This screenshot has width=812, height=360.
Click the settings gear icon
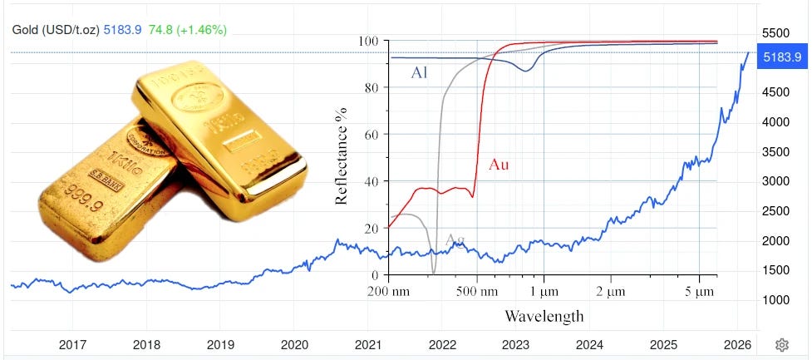[781, 345]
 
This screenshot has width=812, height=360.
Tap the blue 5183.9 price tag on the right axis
[781, 57]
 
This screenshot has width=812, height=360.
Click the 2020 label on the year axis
[294, 344]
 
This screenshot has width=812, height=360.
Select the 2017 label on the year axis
[73, 344]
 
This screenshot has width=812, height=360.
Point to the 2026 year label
[736, 344]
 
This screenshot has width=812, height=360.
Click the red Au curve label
[499, 165]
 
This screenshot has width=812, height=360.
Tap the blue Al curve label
[421, 73]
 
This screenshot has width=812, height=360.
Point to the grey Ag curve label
[455, 240]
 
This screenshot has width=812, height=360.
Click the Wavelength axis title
[544, 316]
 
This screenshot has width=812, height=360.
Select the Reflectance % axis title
[341, 158]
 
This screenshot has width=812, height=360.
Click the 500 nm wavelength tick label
[477, 292]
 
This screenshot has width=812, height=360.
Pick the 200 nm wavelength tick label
[389, 292]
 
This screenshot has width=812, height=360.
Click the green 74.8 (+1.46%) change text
[187, 30]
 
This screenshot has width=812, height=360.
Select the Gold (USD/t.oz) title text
[55, 30]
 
